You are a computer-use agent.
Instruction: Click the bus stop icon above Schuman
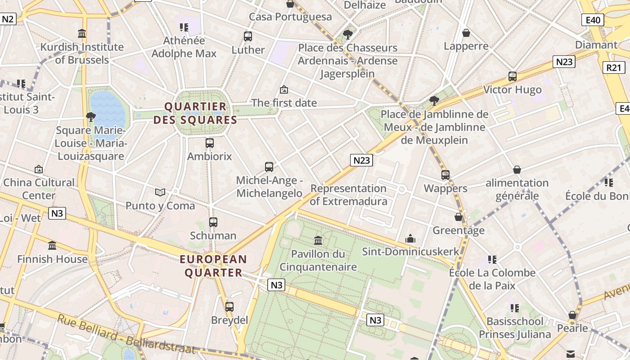(x=213, y=222)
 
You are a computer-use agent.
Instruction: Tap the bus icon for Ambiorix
(x=210, y=143)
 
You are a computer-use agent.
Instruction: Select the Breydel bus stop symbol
(x=229, y=307)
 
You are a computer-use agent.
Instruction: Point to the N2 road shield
(x=8, y=19)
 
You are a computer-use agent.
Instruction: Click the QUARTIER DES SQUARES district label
(x=195, y=113)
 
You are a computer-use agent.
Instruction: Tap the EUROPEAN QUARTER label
(x=213, y=266)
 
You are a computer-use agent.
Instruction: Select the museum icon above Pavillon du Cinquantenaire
(x=318, y=240)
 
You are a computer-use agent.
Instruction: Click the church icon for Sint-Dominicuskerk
(x=410, y=238)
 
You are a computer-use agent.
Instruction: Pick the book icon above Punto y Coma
(x=160, y=192)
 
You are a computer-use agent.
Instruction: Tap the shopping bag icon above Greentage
(x=459, y=217)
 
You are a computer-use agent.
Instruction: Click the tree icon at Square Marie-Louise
(x=90, y=117)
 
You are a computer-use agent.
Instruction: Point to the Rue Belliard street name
(x=126, y=336)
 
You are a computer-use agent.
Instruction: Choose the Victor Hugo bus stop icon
(x=512, y=76)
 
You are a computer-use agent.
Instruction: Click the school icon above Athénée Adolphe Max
(x=184, y=27)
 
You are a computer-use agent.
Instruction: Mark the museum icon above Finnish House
(x=52, y=246)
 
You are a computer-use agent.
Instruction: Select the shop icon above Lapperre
(x=466, y=33)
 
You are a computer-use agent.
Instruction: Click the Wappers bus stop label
(x=445, y=188)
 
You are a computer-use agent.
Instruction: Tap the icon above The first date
(x=283, y=90)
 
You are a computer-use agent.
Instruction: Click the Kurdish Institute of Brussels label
(x=82, y=53)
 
